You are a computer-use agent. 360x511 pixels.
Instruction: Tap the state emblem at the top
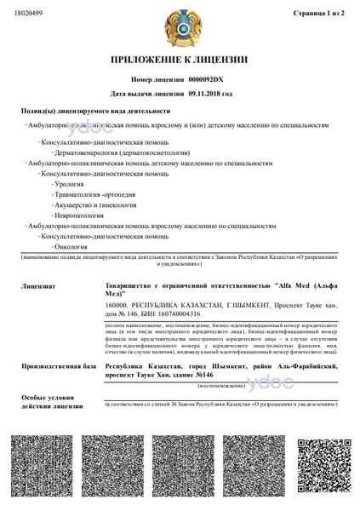pos(180,26)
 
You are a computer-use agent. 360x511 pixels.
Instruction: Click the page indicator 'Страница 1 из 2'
pos(320,14)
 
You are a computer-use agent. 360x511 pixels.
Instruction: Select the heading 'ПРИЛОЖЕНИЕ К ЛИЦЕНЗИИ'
pos(180,60)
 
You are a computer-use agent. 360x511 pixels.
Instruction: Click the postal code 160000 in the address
pos(116,305)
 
